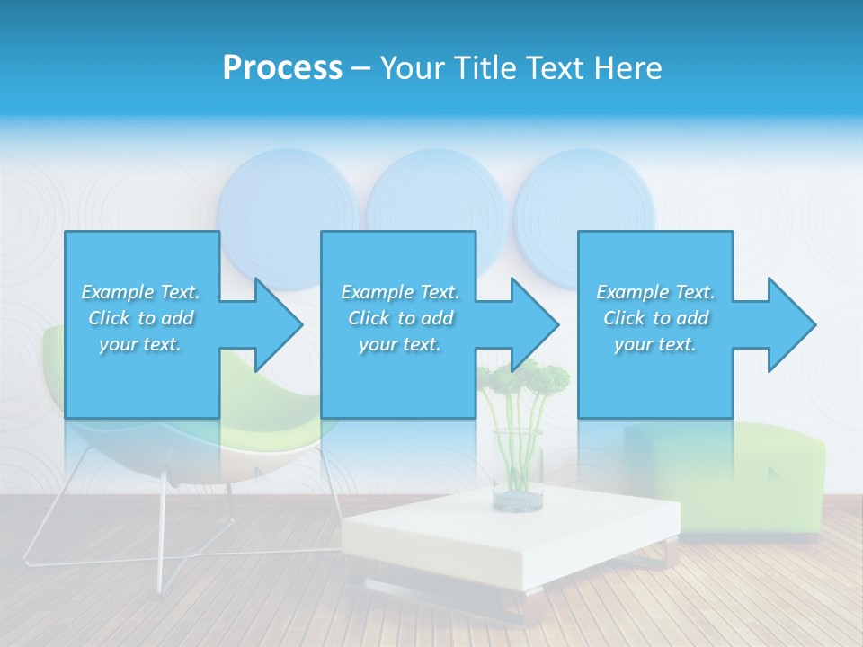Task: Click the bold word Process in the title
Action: point(282,68)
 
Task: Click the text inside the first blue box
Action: point(140,318)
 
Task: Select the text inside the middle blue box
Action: point(399,318)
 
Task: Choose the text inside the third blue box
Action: point(654,318)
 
